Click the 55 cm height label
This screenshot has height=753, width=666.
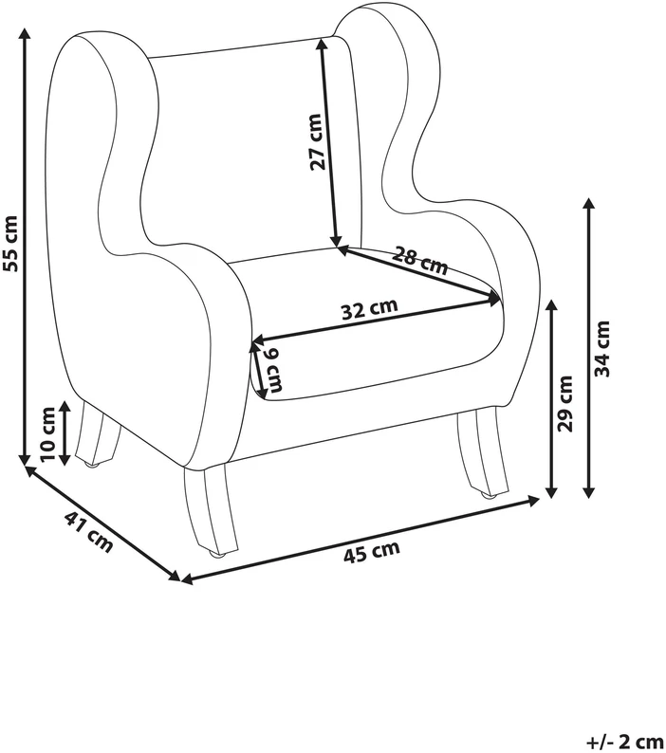(10, 243)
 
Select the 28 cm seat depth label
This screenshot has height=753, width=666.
(419, 260)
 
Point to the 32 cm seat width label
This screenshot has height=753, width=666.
(369, 309)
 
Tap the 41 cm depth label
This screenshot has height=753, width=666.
(88, 532)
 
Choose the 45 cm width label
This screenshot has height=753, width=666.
(372, 552)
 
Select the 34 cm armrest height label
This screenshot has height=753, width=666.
(601, 349)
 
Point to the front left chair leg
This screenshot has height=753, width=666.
(211, 510)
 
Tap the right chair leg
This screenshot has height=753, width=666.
(482, 452)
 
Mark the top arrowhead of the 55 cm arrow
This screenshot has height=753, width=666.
(24, 33)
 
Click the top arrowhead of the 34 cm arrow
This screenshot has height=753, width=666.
(588, 203)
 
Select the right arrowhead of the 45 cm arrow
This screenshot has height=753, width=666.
(533, 501)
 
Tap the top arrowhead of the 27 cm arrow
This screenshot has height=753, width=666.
(322, 44)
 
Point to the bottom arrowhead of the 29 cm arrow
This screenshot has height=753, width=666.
(551, 492)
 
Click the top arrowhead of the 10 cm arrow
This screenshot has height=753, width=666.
(65, 407)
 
